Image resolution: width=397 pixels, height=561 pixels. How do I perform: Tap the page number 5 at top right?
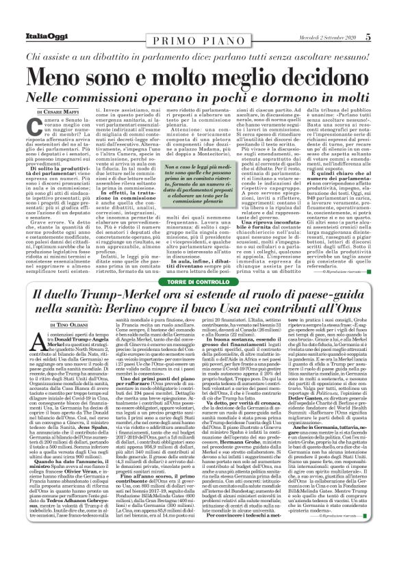coord(387,8)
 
